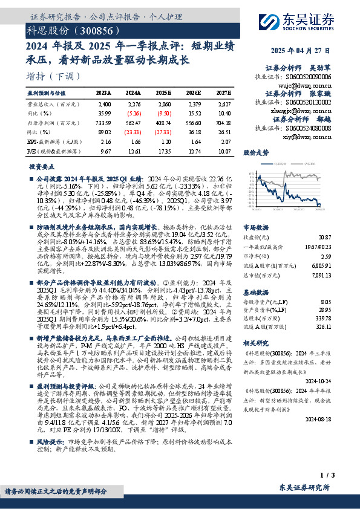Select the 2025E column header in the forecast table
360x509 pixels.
click(164, 92)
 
